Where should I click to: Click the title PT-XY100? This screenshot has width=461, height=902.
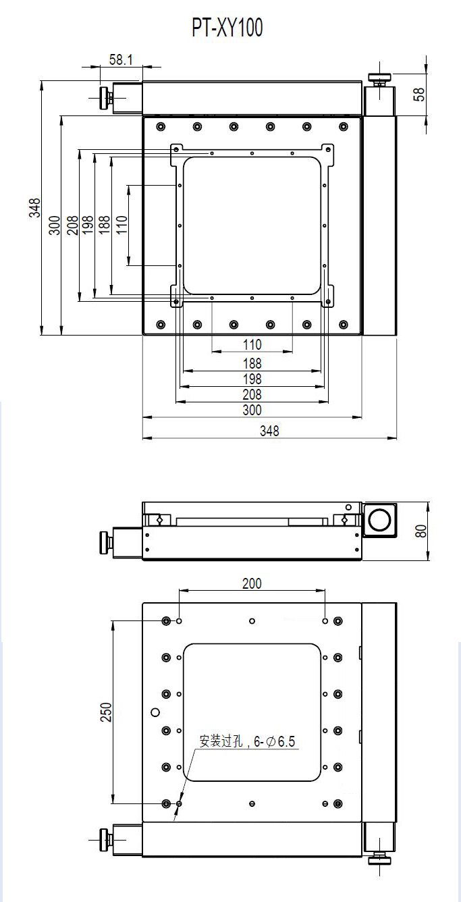pos(227,28)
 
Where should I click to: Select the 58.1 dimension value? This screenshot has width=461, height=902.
pos(121,60)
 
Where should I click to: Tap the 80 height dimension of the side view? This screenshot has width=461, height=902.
pos(421,531)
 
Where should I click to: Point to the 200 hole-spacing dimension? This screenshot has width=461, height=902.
pos(251,583)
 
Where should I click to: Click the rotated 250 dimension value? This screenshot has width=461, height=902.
pos(106,712)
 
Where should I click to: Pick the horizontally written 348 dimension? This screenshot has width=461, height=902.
pos(269,431)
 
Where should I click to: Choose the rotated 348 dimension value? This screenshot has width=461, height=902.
pos(34,208)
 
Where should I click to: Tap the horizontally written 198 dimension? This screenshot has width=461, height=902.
pos(252,379)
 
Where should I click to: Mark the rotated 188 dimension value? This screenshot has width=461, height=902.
pos(104,225)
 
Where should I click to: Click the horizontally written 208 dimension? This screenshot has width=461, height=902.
pos(252,394)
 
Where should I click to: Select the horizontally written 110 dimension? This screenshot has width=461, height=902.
pos(252,344)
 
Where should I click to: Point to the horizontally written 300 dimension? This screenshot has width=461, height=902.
pos(252,410)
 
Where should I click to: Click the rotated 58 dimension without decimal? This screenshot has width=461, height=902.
pos(420,93)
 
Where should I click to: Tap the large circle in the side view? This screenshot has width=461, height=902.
pos(379,520)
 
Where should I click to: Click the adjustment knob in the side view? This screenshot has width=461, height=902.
pos(105,542)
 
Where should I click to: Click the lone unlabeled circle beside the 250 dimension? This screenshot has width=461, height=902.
pos(155,712)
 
